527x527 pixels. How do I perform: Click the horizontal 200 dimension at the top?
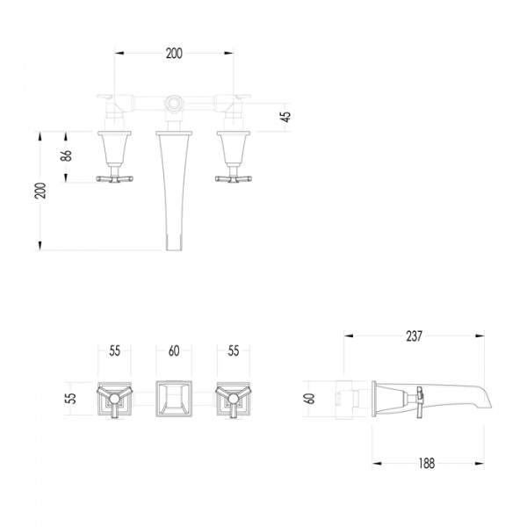point(174,54)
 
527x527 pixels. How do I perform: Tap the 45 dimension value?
point(286,116)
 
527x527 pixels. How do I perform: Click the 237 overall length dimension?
point(414,335)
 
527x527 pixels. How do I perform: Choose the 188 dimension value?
point(427,463)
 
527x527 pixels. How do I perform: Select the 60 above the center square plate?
point(174,351)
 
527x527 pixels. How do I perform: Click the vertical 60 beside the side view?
point(309,397)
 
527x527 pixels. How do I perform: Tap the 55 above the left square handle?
point(114,351)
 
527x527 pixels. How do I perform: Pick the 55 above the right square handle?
point(233,351)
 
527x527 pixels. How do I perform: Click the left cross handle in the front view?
point(115,178)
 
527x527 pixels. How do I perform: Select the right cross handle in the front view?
point(234,178)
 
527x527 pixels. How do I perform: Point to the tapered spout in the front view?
point(174,184)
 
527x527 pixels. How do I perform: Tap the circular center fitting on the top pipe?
point(175,105)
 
